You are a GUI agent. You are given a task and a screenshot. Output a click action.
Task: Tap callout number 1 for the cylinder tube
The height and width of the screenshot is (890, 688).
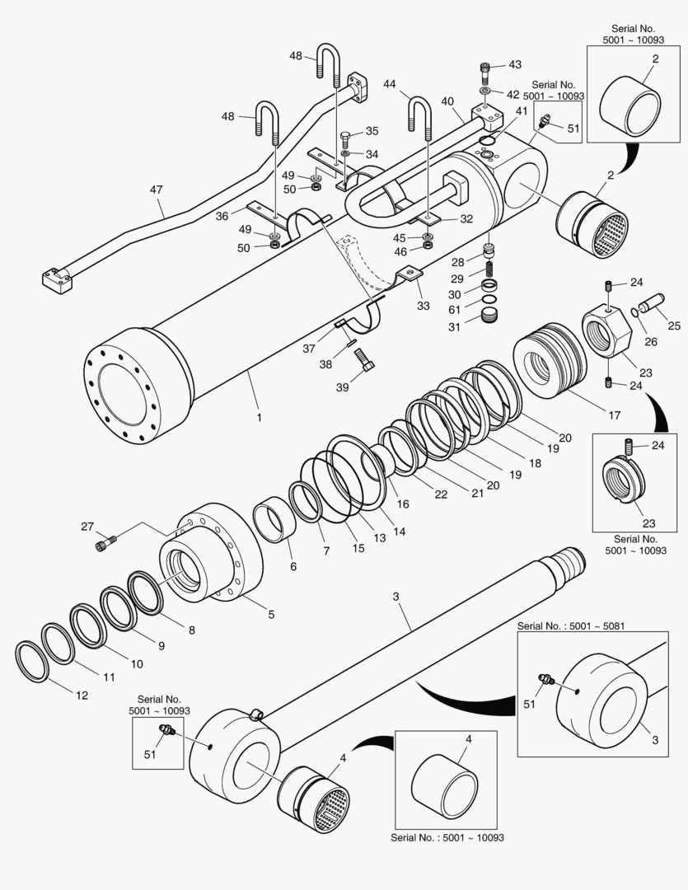coord(259,418)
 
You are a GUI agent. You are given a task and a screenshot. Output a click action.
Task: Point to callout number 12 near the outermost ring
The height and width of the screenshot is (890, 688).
coord(82,696)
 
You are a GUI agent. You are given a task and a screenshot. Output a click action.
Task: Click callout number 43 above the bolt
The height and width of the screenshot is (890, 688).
coord(514,64)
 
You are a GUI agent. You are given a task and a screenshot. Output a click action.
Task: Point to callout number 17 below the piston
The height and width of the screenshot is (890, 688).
coord(615,416)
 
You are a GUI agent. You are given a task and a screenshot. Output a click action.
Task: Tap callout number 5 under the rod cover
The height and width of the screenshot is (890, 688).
coord(271,614)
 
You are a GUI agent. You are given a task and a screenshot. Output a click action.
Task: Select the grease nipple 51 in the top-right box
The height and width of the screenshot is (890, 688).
coord(545,123)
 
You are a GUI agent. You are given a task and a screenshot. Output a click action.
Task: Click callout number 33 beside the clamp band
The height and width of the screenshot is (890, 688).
coord(423,306)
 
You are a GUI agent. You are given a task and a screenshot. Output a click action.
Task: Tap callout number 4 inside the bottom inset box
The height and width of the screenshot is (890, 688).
coord(469,739)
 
